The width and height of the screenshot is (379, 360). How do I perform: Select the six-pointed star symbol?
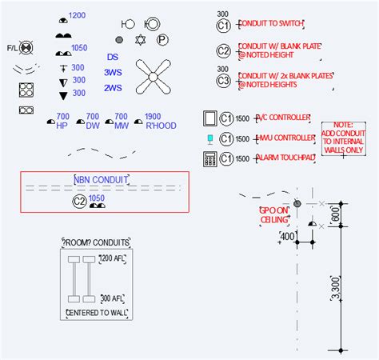(x=141, y=39)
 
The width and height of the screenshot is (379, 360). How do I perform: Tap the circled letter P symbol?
(x=162, y=38)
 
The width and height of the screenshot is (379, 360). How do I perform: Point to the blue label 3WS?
(x=113, y=72)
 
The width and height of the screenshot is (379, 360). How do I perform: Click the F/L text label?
(x=11, y=48)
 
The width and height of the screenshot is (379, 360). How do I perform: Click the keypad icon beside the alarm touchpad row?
(x=210, y=158)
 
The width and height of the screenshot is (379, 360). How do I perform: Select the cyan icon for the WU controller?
(x=210, y=138)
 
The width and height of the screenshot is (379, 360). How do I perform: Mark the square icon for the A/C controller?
(x=210, y=118)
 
